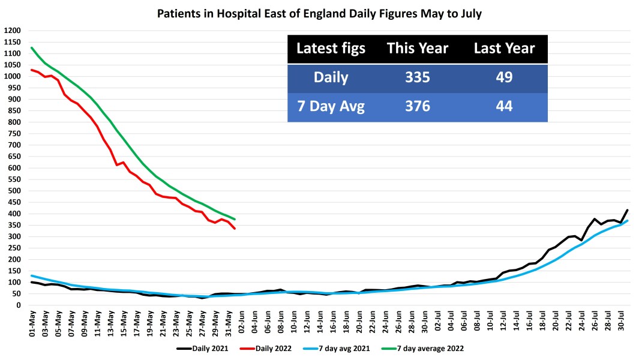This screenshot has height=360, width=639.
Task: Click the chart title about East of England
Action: point(319,13)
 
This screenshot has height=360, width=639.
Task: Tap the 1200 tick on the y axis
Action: point(13,31)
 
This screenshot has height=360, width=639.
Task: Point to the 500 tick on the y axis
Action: point(14,191)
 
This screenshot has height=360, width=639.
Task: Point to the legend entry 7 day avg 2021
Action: point(351,347)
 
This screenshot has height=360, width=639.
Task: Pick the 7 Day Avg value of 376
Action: point(417,107)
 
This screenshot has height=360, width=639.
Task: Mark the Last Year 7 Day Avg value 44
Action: point(503,107)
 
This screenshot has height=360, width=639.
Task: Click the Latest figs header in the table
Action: point(331,49)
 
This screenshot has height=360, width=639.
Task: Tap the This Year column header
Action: point(417,49)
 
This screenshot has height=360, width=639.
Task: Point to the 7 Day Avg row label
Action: point(331,107)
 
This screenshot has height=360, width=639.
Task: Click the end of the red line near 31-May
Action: point(235,229)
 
